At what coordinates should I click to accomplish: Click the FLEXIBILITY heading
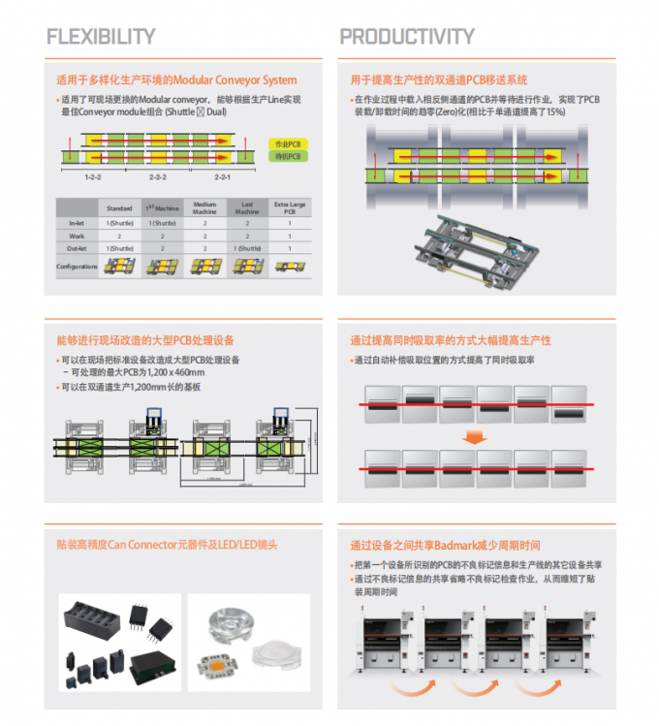click(101, 37)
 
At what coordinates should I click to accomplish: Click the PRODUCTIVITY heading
click(407, 37)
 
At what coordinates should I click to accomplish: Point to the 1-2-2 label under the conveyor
click(94, 177)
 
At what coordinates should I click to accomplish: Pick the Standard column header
click(118, 208)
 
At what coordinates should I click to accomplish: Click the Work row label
click(77, 236)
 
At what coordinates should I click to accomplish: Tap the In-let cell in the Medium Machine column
click(204, 223)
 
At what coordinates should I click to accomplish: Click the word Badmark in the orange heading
click(452, 545)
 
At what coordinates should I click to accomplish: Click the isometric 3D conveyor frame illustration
click(472, 250)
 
